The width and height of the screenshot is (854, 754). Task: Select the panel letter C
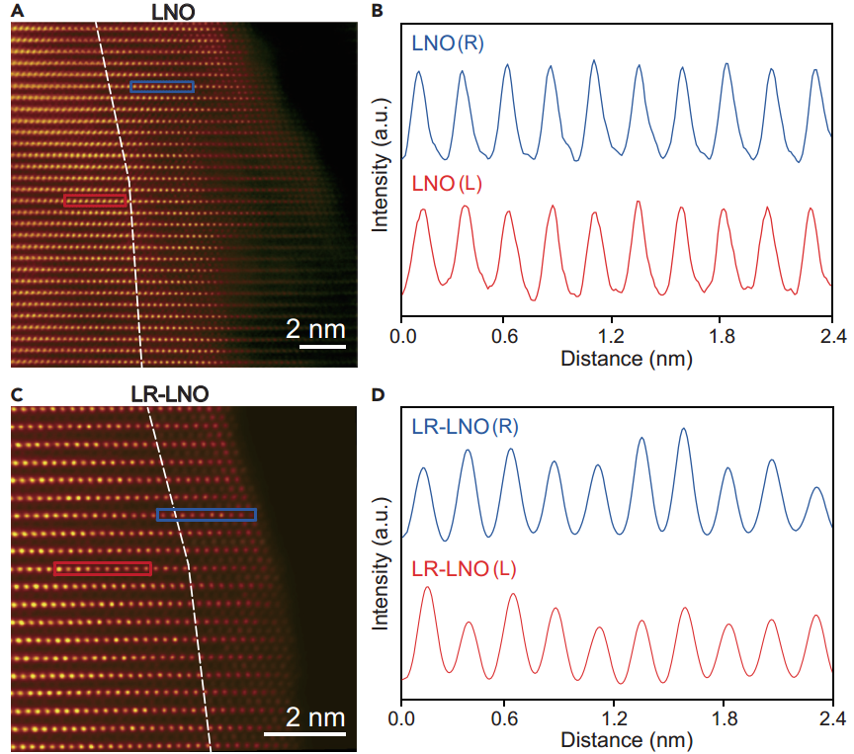tap(16, 394)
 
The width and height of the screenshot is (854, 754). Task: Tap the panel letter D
tap(377, 394)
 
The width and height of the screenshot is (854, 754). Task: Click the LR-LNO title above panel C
tap(170, 394)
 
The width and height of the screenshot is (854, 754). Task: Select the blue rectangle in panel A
tap(163, 87)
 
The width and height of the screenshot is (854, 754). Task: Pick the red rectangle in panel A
tap(95, 200)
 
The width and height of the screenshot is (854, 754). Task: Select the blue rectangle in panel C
tap(207, 514)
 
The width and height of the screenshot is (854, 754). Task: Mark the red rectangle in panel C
tap(102, 568)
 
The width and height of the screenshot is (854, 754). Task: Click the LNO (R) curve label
tap(447, 44)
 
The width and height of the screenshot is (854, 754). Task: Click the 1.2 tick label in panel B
tap(617, 335)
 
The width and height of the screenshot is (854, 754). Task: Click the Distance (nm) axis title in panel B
tap(626, 358)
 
